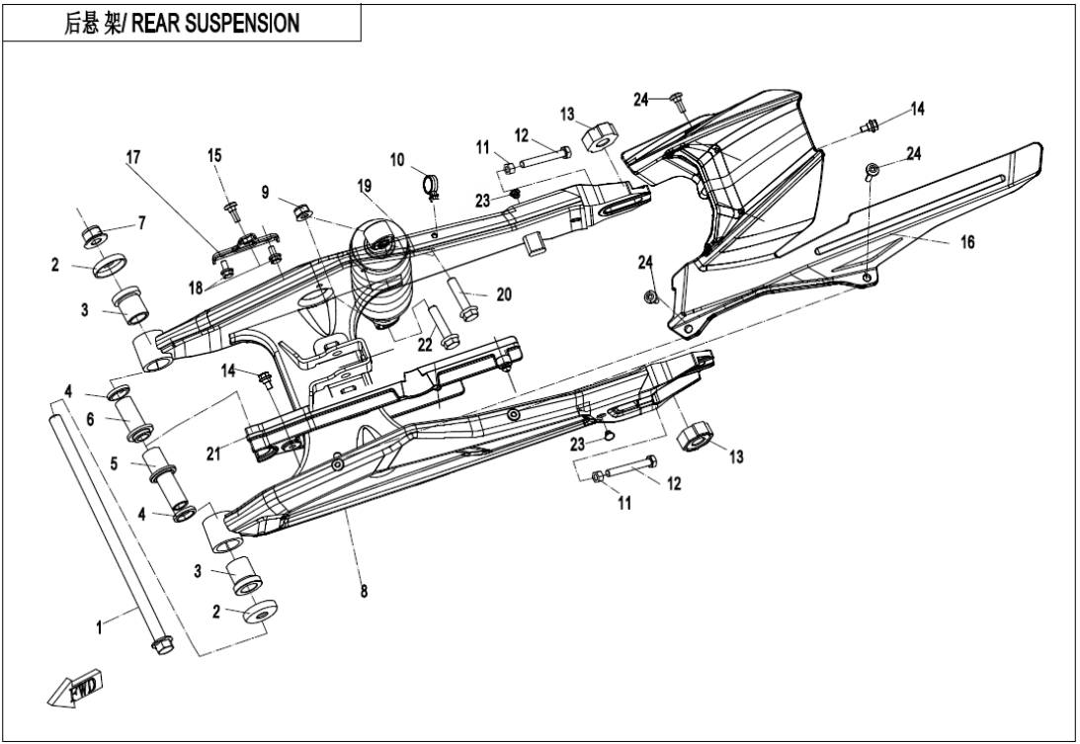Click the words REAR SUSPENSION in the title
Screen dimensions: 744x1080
221,22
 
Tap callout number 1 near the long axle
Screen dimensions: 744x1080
99,627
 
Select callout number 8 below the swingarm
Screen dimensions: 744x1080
365,593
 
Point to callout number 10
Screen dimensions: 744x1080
397,159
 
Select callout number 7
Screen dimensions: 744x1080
141,224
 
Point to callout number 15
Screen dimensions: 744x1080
214,156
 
